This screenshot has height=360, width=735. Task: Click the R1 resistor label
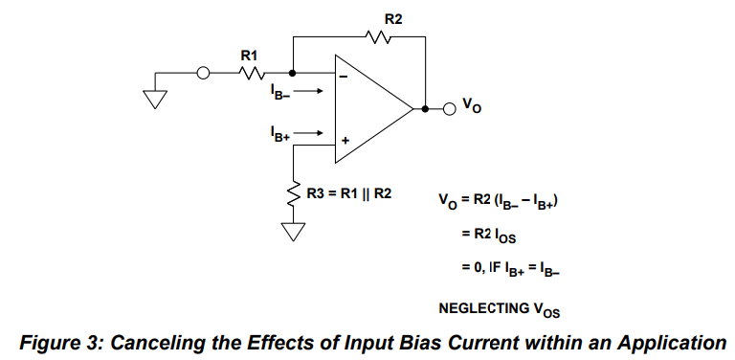249,56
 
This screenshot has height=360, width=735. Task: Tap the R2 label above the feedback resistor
393,19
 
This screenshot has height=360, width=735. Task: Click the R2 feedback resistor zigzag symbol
378,37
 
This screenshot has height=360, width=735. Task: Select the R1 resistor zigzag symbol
253,73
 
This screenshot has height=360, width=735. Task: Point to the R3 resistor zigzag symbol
294,193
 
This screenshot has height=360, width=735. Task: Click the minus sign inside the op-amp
344,77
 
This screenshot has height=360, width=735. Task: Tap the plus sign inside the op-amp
345,140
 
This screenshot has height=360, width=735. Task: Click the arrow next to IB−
308,91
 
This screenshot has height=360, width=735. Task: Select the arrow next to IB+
308,133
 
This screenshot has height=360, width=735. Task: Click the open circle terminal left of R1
203,73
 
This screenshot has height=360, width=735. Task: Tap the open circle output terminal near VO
450,109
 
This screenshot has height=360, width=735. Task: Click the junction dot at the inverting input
293,73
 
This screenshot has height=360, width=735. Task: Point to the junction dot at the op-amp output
425,109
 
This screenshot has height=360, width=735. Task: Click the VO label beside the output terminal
472,106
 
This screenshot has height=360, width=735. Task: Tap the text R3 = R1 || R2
348,193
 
